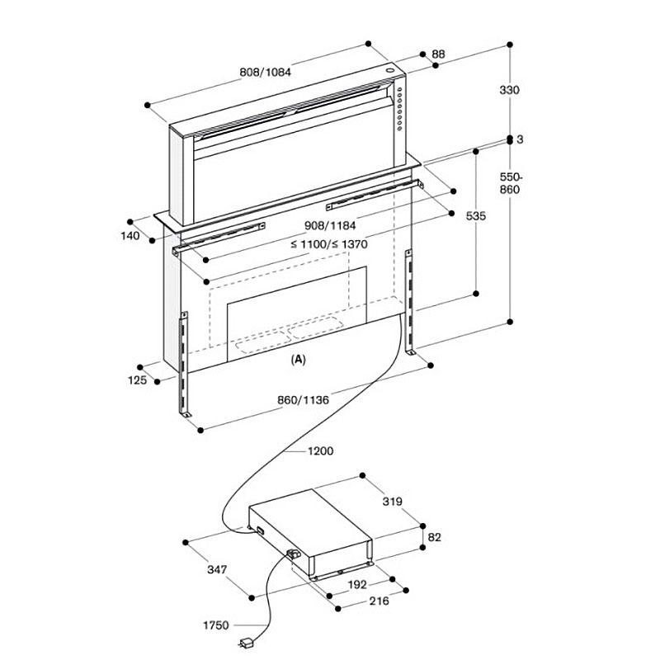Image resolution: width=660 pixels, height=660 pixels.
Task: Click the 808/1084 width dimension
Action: tap(266, 72)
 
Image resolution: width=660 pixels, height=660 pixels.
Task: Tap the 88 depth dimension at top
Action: tap(438, 54)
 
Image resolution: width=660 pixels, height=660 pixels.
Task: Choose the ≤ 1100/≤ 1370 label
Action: tap(328, 244)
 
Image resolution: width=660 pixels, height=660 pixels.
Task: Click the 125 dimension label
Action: tap(139, 380)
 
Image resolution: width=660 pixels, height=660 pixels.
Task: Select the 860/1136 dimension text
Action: tap(304, 400)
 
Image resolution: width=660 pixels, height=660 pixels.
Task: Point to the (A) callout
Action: tap(299, 360)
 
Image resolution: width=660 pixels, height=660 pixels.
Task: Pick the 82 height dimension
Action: tap(435, 537)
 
